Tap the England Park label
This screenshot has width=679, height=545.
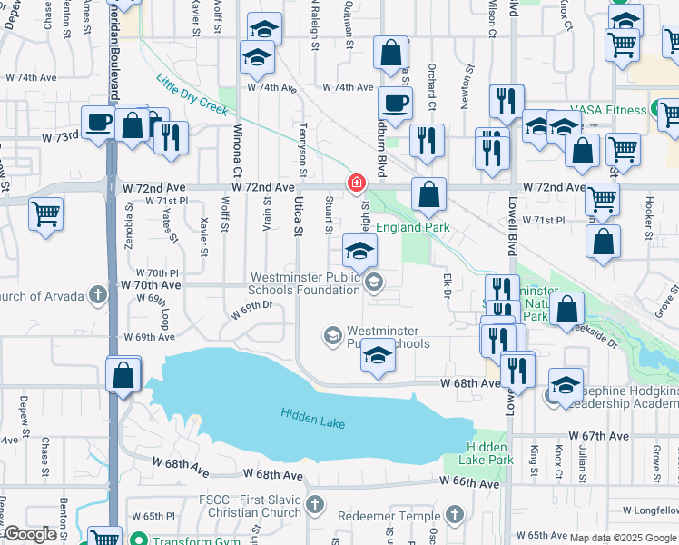tap(413, 228)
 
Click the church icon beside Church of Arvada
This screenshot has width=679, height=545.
tap(99, 296)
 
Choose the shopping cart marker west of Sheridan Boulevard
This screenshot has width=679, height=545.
tap(45, 214)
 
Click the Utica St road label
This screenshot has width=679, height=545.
tap(297, 219)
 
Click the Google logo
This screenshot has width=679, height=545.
tap(32, 535)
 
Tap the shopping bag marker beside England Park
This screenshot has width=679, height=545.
tap(428, 194)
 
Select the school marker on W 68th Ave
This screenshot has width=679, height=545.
tap(378, 355)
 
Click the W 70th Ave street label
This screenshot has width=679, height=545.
tap(151, 285)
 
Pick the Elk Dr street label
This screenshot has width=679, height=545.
tap(447, 285)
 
